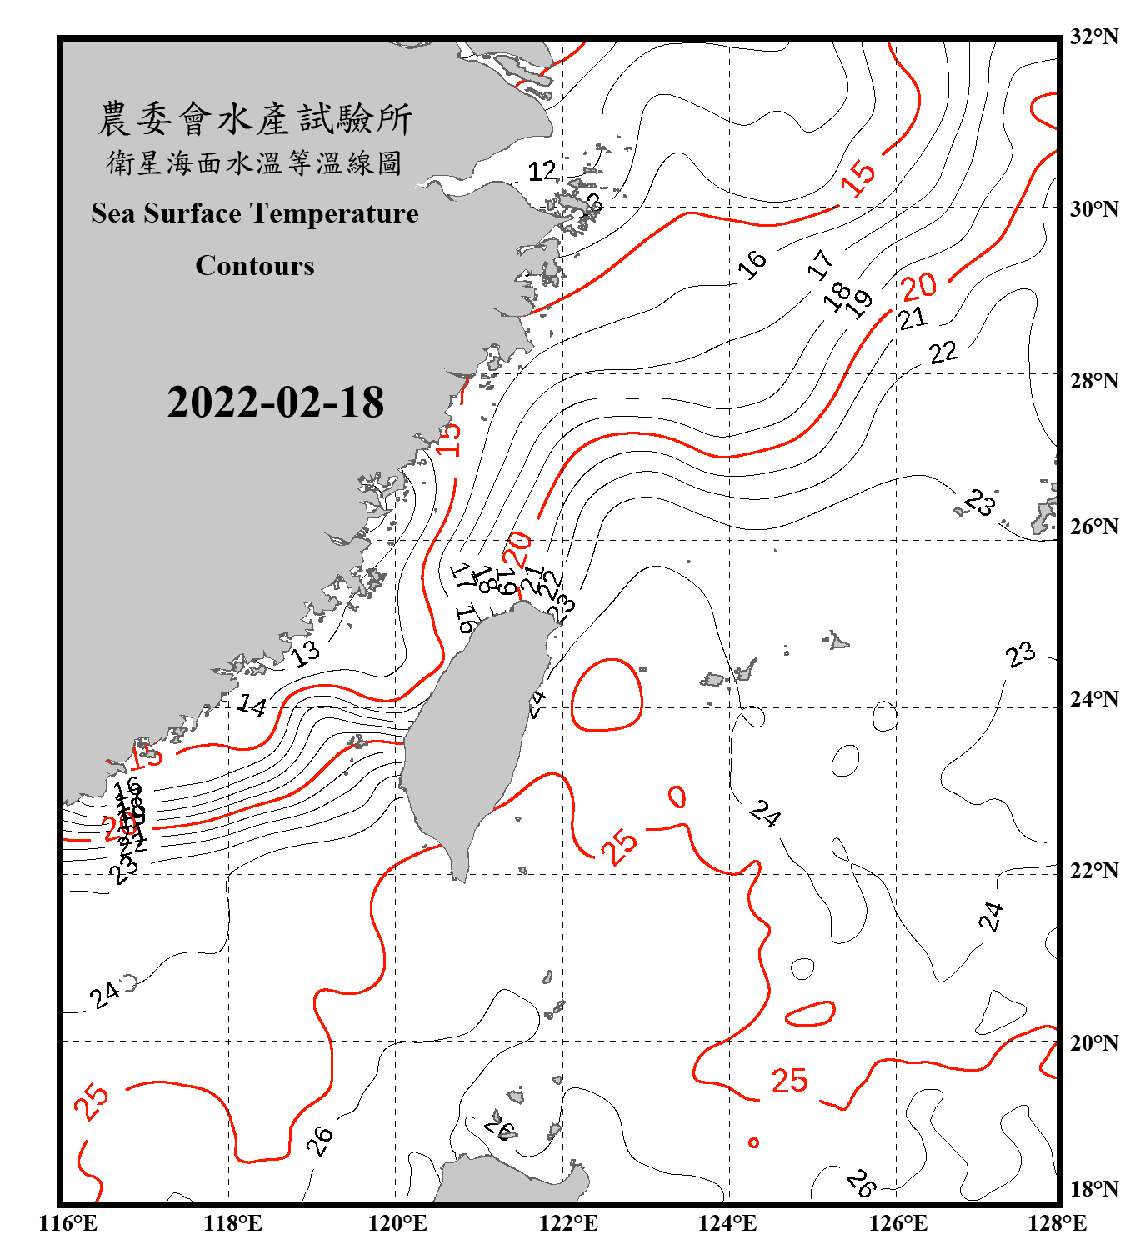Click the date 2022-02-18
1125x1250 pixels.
click(275, 402)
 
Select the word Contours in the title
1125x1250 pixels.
click(255, 266)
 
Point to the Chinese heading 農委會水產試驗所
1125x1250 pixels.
click(255, 119)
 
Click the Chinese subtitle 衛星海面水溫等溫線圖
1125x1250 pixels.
click(255, 163)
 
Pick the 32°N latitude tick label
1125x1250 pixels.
click(1093, 37)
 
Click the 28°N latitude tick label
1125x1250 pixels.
click(1093, 381)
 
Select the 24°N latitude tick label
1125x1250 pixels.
click(1093, 699)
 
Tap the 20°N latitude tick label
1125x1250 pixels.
click(1093, 1043)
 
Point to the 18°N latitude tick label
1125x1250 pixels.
click(1093, 1189)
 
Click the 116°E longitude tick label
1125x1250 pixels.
click(68, 1224)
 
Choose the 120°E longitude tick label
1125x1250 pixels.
click(397, 1224)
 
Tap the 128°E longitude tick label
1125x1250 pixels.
click(1057, 1224)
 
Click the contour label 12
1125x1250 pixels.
click(542, 172)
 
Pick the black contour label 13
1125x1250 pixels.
click(305, 652)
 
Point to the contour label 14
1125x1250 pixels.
click(252, 706)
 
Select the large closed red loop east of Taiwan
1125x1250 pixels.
click(607, 695)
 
